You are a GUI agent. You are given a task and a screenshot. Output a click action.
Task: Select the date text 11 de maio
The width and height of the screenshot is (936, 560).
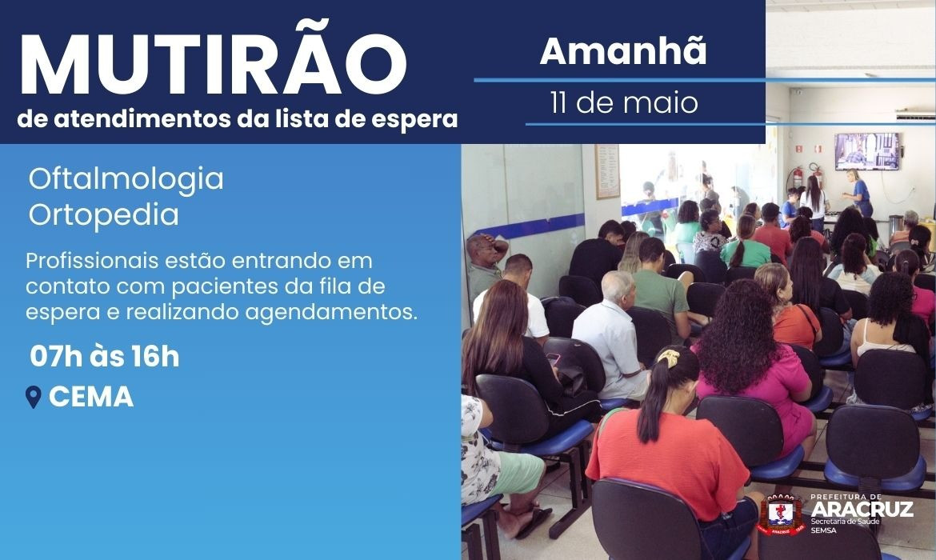(623, 103)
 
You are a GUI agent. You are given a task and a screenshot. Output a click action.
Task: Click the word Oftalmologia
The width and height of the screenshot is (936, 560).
(126, 178)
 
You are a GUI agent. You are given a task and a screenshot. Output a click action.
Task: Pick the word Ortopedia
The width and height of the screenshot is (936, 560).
(103, 215)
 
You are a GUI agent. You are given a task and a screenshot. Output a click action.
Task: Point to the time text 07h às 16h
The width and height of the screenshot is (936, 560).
(104, 357)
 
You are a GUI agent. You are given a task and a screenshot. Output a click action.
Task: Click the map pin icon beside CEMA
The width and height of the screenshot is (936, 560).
(34, 398)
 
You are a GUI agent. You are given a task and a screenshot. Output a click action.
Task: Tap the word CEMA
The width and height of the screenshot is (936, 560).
(91, 398)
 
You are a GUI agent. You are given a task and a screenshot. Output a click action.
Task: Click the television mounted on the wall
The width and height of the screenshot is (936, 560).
(866, 150)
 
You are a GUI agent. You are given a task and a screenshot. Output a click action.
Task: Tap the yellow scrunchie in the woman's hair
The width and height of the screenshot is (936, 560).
(669, 358)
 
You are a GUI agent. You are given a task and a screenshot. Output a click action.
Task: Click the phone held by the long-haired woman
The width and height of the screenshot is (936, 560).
(553, 359)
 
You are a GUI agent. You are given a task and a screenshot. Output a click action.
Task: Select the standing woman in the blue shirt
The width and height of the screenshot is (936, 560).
(858, 192)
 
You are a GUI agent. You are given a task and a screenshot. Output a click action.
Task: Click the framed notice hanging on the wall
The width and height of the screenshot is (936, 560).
(607, 171)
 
